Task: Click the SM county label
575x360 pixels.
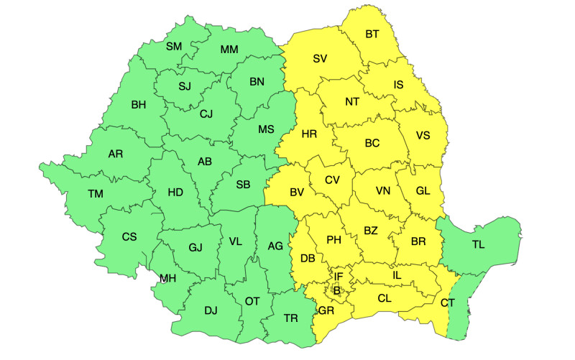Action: tap(174, 47)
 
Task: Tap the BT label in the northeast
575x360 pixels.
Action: tap(372, 34)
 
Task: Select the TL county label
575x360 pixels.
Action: tap(478, 245)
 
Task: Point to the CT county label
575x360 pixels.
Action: tap(447, 303)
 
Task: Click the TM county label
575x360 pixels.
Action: tap(96, 194)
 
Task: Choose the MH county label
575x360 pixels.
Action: tap(167, 278)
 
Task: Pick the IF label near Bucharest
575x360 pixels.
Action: tap(339, 276)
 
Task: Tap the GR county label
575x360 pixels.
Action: tap(326, 311)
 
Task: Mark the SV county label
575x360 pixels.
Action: tap(320, 59)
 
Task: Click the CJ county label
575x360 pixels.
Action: tap(206, 114)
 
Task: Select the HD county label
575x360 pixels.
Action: tap(175, 193)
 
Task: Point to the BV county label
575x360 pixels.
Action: tap(297, 193)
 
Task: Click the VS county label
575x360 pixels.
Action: tap(423, 135)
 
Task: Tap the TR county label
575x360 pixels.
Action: tap(291, 318)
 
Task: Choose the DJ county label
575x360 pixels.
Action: tap(211, 310)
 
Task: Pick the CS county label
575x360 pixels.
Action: tap(129, 236)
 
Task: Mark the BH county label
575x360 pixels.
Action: tap(139, 105)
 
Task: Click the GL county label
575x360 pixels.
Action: tap(423, 191)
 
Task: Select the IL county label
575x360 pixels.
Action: tap(397, 274)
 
